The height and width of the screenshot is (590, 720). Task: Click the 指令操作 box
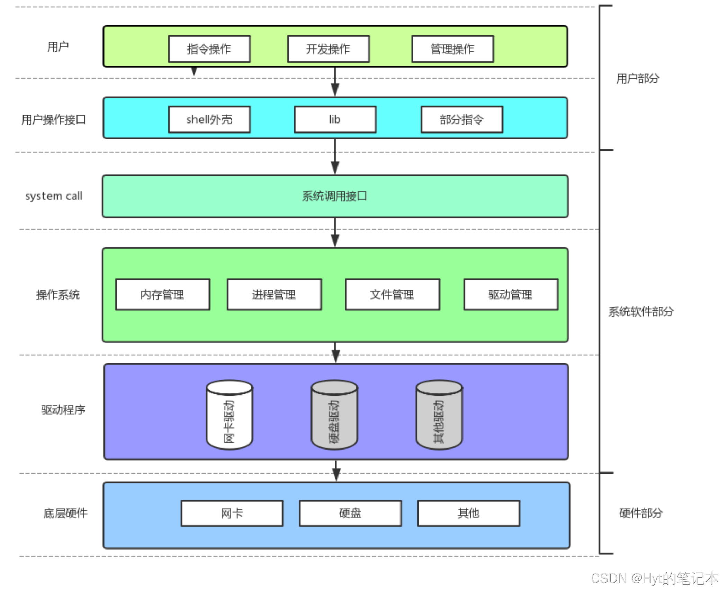(209, 49)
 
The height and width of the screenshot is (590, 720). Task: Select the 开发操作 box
(328, 49)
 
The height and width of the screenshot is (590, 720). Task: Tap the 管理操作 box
(452, 49)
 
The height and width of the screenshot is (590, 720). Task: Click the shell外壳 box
(209, 119)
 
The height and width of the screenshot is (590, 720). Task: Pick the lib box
(335, 119)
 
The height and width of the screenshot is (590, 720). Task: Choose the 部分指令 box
(461, 119)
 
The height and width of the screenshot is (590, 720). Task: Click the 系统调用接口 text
(334, 196)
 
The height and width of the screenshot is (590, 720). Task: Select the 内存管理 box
(163, 294)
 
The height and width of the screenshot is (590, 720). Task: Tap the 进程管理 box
(274, 294)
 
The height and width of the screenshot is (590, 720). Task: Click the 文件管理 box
(392, 294)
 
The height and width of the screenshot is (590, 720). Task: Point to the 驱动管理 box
(511, 294)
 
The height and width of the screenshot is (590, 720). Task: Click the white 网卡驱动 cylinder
(229, 415)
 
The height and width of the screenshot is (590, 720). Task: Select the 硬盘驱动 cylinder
(334, 415)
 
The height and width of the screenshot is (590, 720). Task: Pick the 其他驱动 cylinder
(439, 415)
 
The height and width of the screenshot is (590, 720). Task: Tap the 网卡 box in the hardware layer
(232, 513)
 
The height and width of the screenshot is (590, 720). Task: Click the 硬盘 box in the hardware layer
(350, 513)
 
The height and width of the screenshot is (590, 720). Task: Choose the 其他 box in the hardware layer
(468, 513)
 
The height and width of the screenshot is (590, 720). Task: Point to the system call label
(54, 196)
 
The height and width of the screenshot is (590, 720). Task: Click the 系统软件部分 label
(641, 311)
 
